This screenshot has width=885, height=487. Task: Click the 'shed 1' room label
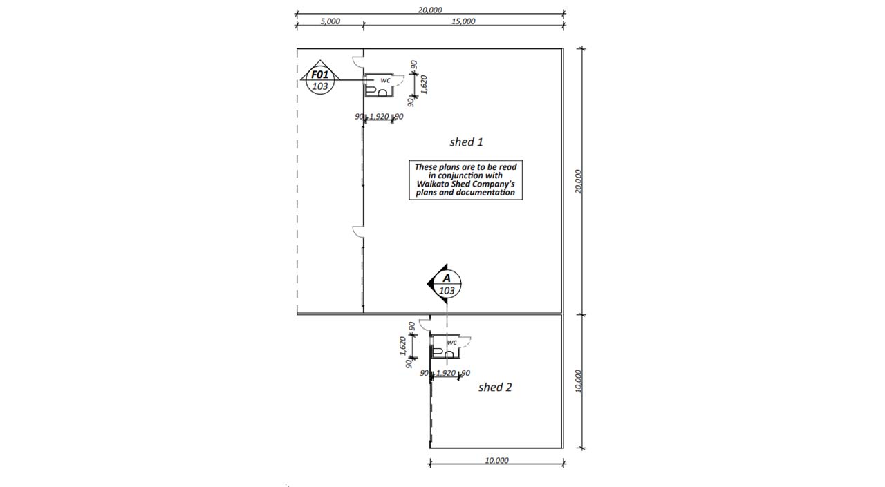466,142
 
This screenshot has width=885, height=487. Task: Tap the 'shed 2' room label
495,387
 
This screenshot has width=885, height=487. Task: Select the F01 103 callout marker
320,77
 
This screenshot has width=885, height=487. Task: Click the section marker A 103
445,284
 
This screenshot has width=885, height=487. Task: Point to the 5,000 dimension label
330,21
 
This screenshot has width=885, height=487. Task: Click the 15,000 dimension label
463,21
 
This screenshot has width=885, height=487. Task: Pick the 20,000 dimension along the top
430,10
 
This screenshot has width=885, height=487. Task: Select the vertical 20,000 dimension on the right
579,182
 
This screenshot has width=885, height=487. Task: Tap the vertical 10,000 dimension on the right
579,381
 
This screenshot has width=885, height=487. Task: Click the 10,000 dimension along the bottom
496,460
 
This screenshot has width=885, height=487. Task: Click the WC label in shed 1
385,81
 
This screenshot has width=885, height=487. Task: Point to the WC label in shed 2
452,343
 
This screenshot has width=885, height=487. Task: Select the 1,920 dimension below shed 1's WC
380,117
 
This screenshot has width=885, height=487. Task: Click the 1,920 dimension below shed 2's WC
446,373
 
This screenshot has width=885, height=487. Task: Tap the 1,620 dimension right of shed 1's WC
424,84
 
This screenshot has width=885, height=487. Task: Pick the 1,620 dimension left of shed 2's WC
402,346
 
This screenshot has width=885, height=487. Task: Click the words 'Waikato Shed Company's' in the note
465,184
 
